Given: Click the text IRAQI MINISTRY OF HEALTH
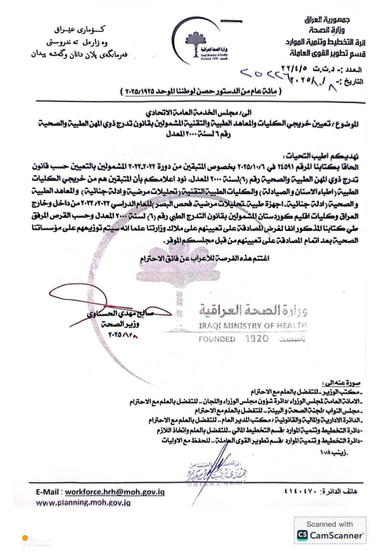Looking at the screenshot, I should pos(253,325).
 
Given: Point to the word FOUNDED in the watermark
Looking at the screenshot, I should pos(217,340).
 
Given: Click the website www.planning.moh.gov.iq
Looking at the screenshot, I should pos(83,502).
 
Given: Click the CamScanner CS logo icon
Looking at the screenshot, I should pos(303,535).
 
